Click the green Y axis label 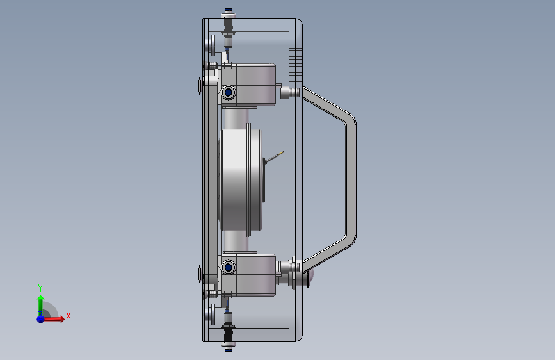[40, 288]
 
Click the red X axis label [68, 316]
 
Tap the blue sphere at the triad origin [41, 319]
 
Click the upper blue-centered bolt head [229, 92]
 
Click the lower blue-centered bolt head [229, 267]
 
